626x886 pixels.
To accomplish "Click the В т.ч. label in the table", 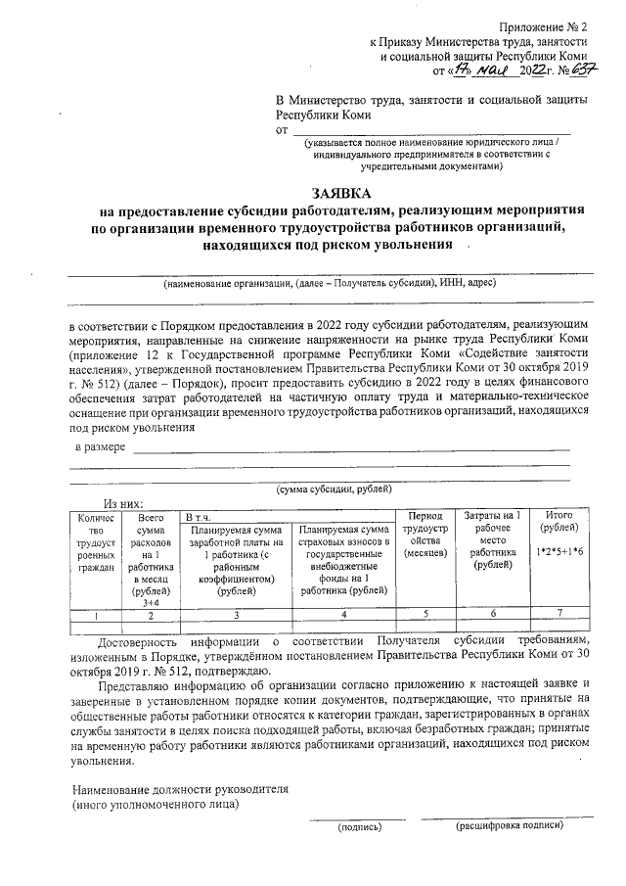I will click(x=197, y=515).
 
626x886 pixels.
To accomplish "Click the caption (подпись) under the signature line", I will click(x=360, y=826).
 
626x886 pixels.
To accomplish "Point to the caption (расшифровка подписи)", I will click(x=509, y=826).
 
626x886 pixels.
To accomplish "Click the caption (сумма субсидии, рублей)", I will click(x=334, y=488).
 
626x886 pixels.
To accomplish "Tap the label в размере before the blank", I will click(x=101, y=447).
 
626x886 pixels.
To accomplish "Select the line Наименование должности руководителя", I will click(x=184, y=789).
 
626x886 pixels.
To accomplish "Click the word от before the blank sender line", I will click(x=284, y=129).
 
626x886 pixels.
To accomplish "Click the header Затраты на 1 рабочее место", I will click(x=491, y=534).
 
